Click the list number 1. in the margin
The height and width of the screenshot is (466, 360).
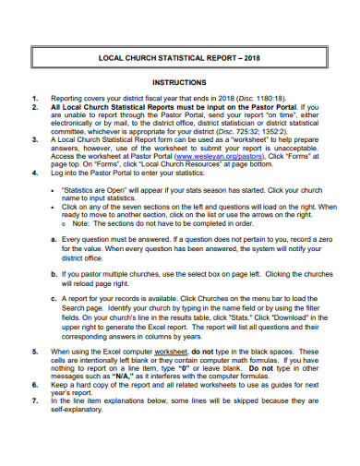pos(34,97)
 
